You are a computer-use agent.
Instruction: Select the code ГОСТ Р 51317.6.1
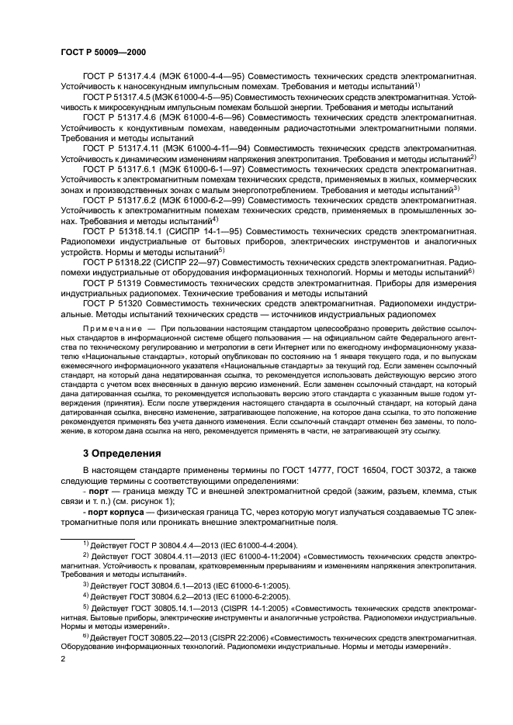(123, 167)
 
